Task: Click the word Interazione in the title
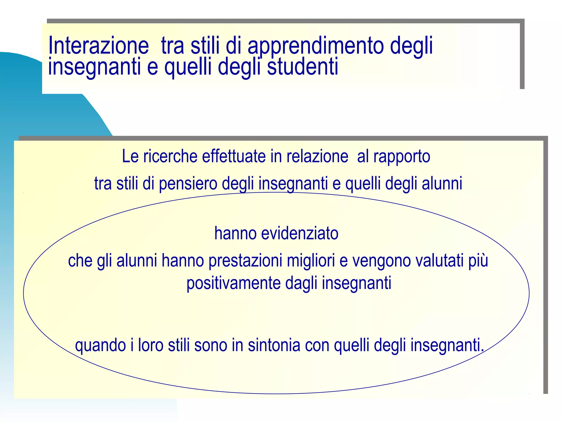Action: [98, 46]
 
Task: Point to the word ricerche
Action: [170, 156]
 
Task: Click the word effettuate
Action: [234, 156]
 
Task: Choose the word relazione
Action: [317, 156]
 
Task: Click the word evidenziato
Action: [300, 233]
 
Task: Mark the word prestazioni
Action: [245, 261]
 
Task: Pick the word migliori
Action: [311, 261]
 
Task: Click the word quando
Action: [100, 346]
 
